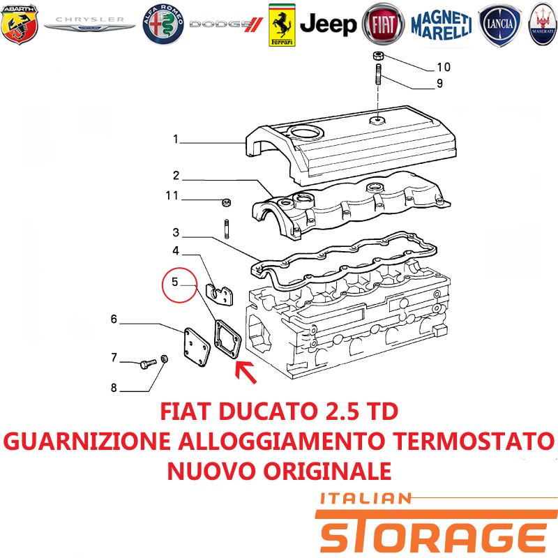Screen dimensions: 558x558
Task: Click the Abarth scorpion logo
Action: pyautogui.click(x=20, y=24)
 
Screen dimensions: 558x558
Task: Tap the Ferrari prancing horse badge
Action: pyautogui.click(x=282, y=25)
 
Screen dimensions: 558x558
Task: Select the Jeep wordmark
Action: pyautogui.click(x=328, y=24)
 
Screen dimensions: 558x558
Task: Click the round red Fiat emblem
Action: pyautogui.click(x=383, y=25)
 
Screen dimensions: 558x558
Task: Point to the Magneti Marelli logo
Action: pyautogui.click(x=442, y=24)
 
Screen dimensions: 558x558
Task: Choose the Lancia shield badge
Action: pyautogui.click(x=499, y=24)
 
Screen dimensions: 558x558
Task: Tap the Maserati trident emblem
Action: pyautogui.click(x=543, y=24)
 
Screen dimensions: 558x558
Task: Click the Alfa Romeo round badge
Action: pyautogui.click(x=163, y=24)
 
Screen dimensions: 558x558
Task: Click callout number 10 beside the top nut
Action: pyautogui.click(x=444, y=67)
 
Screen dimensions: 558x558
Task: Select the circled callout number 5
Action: pyautogui.click(x=175, y=282)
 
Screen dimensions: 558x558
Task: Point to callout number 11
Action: pyautogui.click(x=172, y=195)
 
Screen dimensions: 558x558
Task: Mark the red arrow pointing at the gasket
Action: pyautogui.click(x=246, y=372)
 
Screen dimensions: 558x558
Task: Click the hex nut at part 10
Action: pyautogui.click(x=378, y=56)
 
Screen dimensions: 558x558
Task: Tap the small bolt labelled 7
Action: pyautogui.click(x=148, y=363)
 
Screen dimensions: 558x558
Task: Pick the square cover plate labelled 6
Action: pyautogui.click(x=197, y=347)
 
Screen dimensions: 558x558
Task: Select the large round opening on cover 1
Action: pyautogui.click(x=306, y=133)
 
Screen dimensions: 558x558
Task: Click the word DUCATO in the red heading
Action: pyautogui.click(x=268, y=412)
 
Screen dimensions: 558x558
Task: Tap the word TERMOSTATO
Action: pyautogui.click(x=475, y=442)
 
